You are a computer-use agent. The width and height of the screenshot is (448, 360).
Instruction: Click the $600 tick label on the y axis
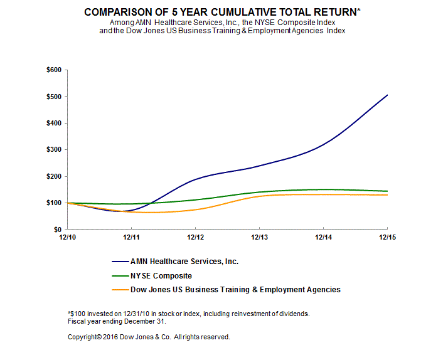[53, 70]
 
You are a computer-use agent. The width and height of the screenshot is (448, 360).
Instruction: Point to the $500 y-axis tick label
[53, 97]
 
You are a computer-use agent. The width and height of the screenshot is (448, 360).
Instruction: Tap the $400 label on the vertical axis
[53, 123]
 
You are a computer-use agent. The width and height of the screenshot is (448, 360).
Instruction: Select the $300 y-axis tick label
[53, 150]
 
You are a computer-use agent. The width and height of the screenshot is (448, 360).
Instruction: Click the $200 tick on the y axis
[53, 176]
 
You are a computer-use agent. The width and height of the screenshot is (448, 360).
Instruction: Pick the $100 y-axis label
[53, 203]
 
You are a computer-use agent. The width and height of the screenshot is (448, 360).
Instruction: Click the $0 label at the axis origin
[56, 230]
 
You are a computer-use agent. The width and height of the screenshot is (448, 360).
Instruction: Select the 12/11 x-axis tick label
[131, 238]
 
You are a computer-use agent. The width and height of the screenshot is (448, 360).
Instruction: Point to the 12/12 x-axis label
[195, 238]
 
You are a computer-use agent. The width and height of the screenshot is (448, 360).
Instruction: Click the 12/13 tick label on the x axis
[259, 238]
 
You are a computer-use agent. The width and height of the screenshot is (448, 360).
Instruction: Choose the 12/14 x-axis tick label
[323, 238]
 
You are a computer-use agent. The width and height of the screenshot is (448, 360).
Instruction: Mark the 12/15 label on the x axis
[387, 238]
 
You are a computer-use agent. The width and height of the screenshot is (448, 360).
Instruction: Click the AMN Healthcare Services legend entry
[184, 262]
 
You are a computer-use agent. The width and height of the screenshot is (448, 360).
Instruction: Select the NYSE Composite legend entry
[161, 275]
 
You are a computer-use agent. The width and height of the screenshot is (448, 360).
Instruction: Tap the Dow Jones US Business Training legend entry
[235, 289]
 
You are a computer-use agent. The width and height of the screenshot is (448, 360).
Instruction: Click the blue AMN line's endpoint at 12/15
[387, 95]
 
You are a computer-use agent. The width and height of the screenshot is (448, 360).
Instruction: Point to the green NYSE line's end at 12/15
[387, 191]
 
